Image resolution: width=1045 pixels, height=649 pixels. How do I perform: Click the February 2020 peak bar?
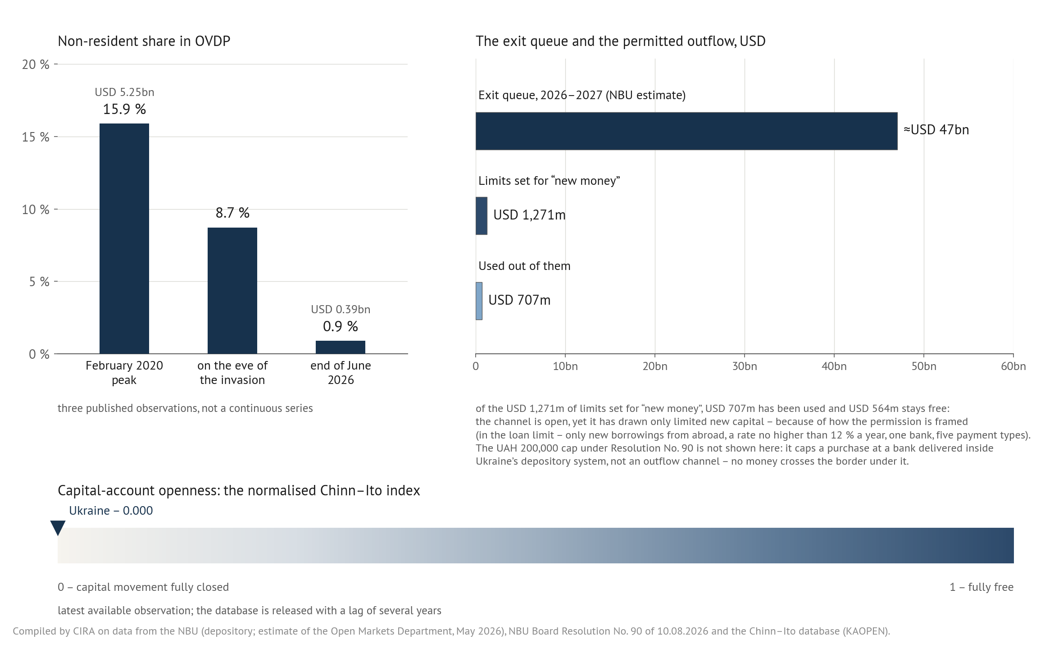[124, 238]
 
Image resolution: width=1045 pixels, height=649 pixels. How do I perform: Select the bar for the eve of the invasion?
[232, 291]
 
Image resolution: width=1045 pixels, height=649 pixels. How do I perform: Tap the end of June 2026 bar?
[341, 347]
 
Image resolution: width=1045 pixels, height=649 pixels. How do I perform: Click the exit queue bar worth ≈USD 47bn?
[686, 131]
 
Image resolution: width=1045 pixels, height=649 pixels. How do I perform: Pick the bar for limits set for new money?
[482, 216]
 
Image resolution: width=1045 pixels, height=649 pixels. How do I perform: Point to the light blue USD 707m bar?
[479, 301]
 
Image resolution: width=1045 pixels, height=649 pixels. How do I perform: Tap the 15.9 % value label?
[124, 109]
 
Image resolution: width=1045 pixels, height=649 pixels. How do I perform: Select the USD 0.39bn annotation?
[341, 309]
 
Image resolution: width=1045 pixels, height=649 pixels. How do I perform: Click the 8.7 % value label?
[232, 213]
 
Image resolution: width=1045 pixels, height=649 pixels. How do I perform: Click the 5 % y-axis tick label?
[39, 282]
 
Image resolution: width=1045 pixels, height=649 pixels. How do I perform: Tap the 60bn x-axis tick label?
[1013, 366]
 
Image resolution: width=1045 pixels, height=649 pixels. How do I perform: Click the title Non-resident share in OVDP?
[144, 41]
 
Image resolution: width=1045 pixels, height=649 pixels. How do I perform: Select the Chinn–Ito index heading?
[239, 490]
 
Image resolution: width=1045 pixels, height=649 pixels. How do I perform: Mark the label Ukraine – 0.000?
[111, 511]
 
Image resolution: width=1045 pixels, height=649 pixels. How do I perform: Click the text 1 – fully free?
[981, 587]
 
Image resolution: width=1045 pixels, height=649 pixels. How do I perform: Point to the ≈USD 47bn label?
[936, 130]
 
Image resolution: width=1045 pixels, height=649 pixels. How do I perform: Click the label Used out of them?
[524, 266]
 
